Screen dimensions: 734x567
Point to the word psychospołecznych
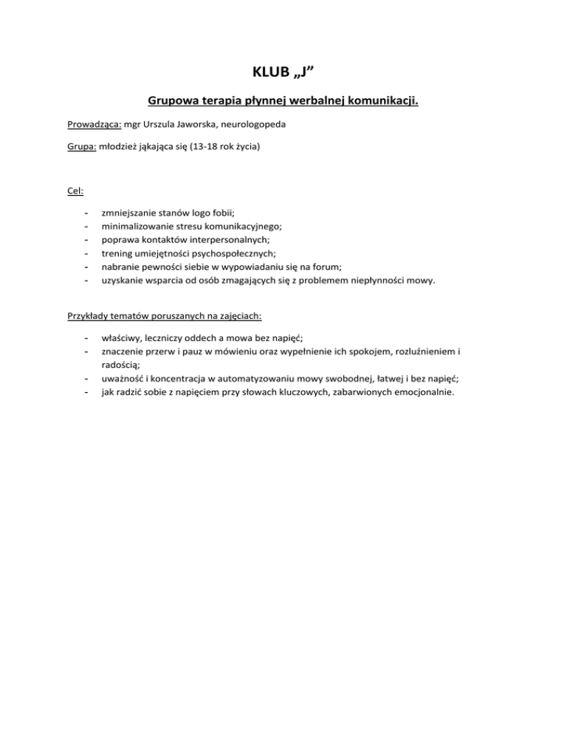click(x=229, y=253)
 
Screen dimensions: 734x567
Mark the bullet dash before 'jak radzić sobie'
click(x=87, y=392)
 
